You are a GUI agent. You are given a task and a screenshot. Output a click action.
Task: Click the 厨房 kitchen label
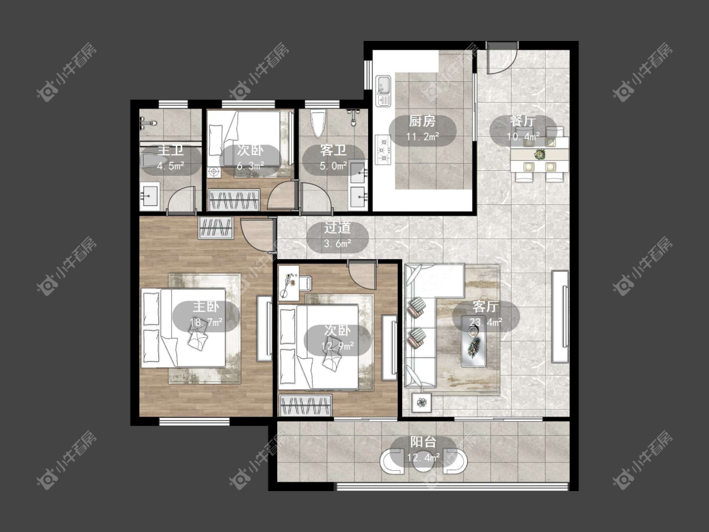click(422, 121)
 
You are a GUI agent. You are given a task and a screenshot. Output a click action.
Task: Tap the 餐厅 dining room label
click(522, 121)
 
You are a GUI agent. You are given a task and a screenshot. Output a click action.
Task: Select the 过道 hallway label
click(337, 228)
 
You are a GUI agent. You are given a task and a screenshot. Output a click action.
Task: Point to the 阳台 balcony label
click(424, 441)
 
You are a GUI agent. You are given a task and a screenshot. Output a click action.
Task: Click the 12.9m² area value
click(337, 347)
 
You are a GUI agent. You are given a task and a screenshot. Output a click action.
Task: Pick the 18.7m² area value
click(206, 323)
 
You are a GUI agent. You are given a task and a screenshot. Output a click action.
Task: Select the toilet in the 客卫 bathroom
click(318, 122)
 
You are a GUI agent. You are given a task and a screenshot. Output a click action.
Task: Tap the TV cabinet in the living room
click(560, 316)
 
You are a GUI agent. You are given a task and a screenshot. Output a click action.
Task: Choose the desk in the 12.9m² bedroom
click(288, 283)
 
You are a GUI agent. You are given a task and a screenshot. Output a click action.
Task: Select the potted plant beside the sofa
click(422, 402)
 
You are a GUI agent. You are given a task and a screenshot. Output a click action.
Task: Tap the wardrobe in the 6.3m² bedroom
click(234, 199)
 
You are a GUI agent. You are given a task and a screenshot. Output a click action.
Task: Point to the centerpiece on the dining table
click(539, 154)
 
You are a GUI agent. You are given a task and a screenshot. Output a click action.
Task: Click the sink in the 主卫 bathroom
click(149, 196)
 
